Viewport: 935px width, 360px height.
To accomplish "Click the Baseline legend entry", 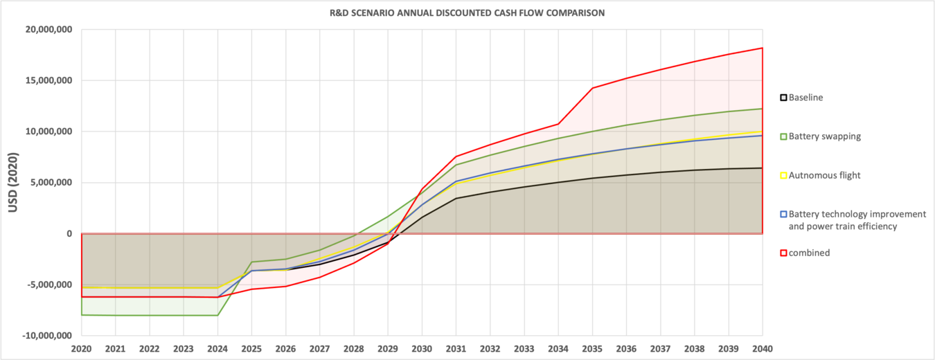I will (805, 98).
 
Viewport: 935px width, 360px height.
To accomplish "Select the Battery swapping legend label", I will (824, 136).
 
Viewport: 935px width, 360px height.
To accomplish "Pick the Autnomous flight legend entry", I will (824, 175).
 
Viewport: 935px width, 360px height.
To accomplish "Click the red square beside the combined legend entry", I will (783, 253).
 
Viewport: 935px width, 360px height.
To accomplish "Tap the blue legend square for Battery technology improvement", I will (783, 215).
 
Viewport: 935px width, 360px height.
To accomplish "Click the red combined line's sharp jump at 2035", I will (592, 88).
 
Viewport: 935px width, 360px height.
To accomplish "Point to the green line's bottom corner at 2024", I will (217, 316).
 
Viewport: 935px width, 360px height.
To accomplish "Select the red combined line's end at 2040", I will (762, 48).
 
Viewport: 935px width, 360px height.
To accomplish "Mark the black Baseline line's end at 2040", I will (762, 168).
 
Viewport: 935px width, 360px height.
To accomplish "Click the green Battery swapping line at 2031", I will (456, 165).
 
